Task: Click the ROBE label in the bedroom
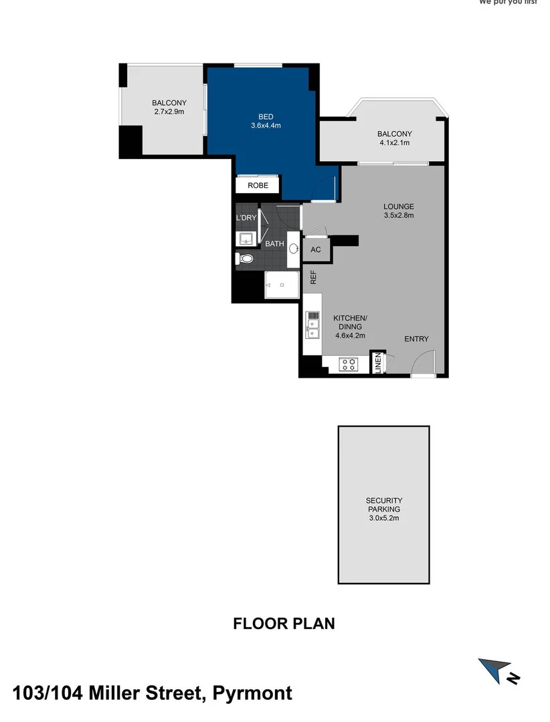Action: tap(258, 185)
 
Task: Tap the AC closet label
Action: tap(316, 250)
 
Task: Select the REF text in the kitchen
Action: tap(312, 277)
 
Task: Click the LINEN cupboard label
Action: tap(378, 363)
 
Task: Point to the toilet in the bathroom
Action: tap(246, 258)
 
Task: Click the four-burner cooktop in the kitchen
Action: tap(349, 364)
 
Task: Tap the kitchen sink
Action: tap(312, 326)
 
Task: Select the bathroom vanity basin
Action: tap(294, 248)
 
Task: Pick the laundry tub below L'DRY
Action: tap(245, 238)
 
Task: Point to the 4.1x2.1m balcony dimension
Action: tap(394, 142)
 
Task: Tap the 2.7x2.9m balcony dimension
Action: tap(169, 112)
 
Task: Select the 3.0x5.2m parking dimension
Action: tap(383, 518)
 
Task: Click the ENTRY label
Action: tap(416, 339)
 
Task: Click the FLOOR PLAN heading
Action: tap(284, 624)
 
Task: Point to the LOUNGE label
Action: tap(399, 207)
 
